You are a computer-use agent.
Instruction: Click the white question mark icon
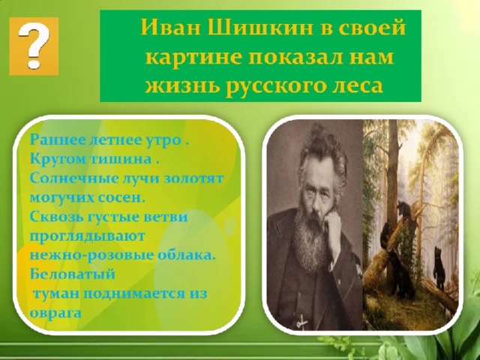tap(34, 45)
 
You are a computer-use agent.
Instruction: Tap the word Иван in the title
tap(171, 28)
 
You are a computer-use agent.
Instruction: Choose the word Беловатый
tap(73, 274)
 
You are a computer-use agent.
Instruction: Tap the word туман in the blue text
tap(56, 294)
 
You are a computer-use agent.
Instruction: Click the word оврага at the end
tap(55, 313)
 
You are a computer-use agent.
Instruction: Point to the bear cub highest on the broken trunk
tap(404, 210)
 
